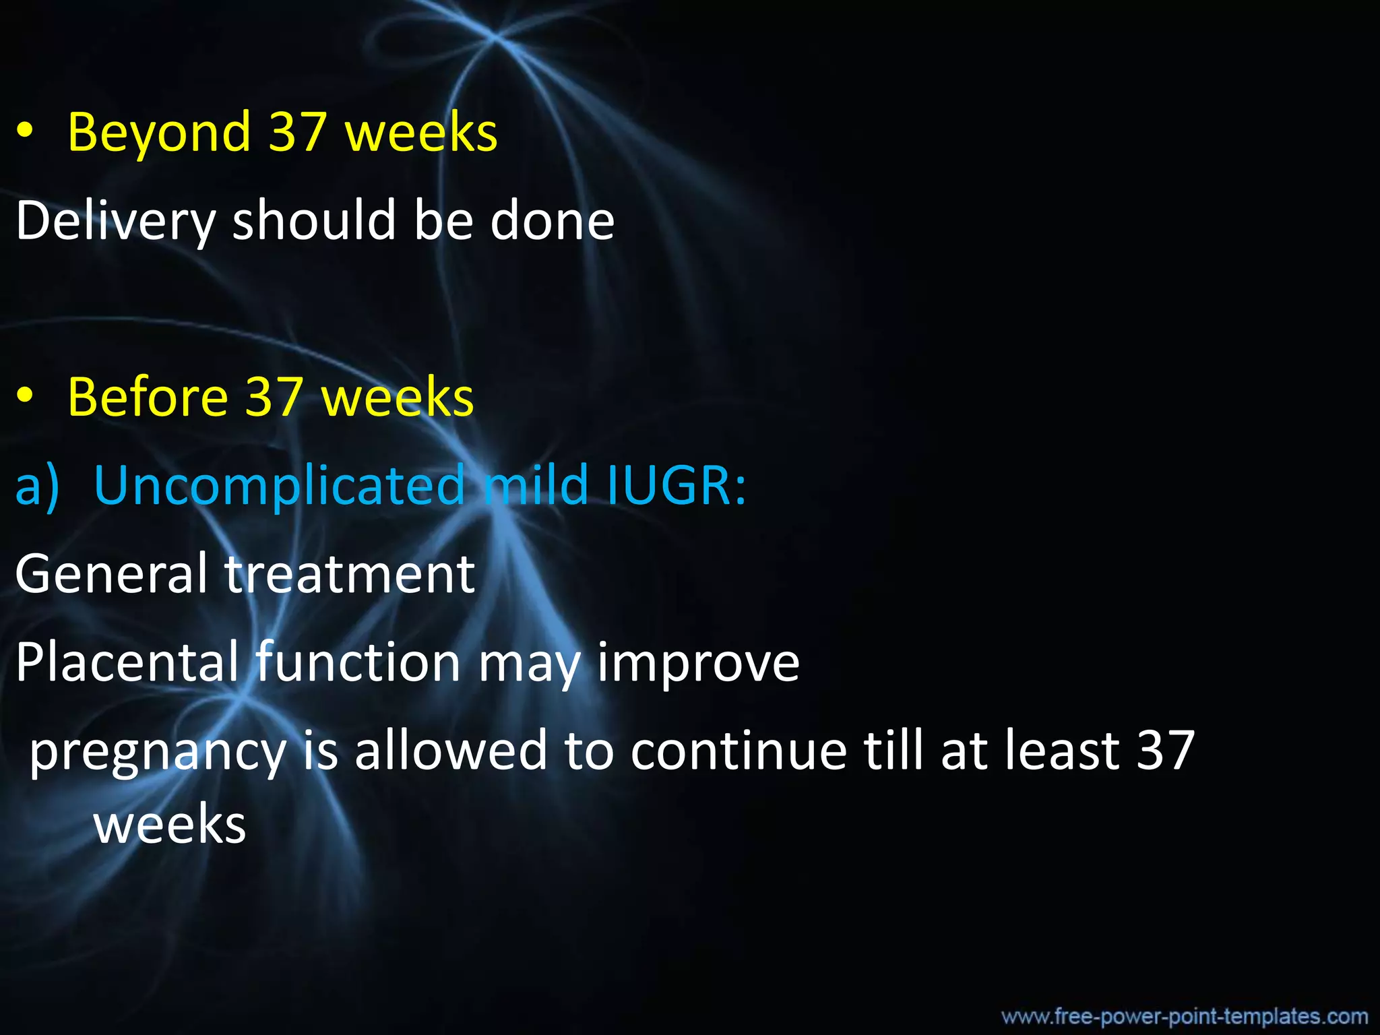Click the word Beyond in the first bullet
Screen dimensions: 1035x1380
tap(159, 132)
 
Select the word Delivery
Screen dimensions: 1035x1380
tap(115, 221)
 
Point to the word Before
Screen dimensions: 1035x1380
tap(148, 398)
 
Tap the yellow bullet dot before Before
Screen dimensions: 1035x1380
tap(25, 397)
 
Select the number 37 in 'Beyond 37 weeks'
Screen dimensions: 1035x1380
tap(297, 132)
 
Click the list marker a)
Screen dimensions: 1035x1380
tap(37, 485)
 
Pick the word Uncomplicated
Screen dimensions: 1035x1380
tap(280, 485)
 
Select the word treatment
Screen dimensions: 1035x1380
tap(350, 574)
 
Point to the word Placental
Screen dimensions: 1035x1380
tap(127, 662)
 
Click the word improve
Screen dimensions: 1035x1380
tap(698, 662)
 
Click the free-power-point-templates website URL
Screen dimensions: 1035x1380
tap(1185, 1016)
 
